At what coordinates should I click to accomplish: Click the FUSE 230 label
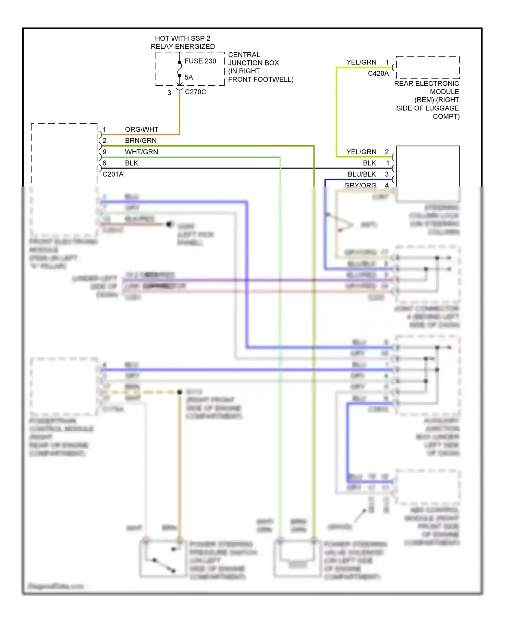(200, 61)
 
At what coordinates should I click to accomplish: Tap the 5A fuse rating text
(189, 77)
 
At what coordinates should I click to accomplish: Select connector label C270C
(195, 92)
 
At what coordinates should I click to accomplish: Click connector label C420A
(378, 73)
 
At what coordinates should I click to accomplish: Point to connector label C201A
(113, 174)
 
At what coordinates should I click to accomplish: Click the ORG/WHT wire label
(142, 129)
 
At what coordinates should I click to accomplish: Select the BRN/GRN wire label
(141, 141)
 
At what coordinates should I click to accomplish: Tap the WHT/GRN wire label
(142, 152)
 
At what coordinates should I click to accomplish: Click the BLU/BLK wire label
(362, 174)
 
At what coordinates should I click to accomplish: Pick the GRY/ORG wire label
(360, 185)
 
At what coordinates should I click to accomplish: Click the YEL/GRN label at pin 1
(362, 62)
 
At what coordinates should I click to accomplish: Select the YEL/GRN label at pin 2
(362, 152)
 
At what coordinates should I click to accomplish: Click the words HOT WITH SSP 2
(183, 38)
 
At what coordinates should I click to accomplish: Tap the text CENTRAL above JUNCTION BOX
(244, 55)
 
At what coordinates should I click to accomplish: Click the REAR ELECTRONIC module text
(427, 83)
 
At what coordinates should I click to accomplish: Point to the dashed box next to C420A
(428, 68)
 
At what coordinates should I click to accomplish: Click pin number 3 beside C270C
(169, 93)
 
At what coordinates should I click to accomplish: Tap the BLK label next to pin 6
(132, 163)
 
